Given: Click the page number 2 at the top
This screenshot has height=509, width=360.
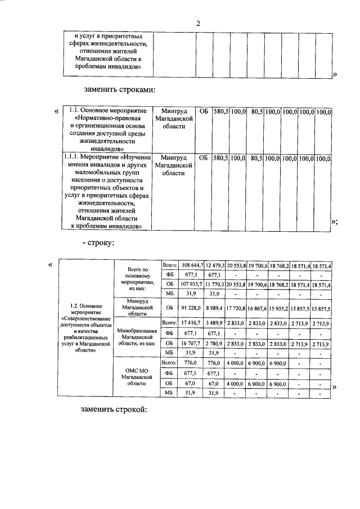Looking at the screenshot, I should (198, 23).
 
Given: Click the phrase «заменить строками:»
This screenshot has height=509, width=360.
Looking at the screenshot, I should (119, 89).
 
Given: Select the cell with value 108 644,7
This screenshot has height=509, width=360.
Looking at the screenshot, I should (192, 265).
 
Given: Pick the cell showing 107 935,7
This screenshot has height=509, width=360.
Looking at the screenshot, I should (192, 285).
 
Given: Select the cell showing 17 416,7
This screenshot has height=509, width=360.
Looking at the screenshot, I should (192, 324).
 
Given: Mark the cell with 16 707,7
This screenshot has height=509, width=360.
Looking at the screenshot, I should (192, 344).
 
